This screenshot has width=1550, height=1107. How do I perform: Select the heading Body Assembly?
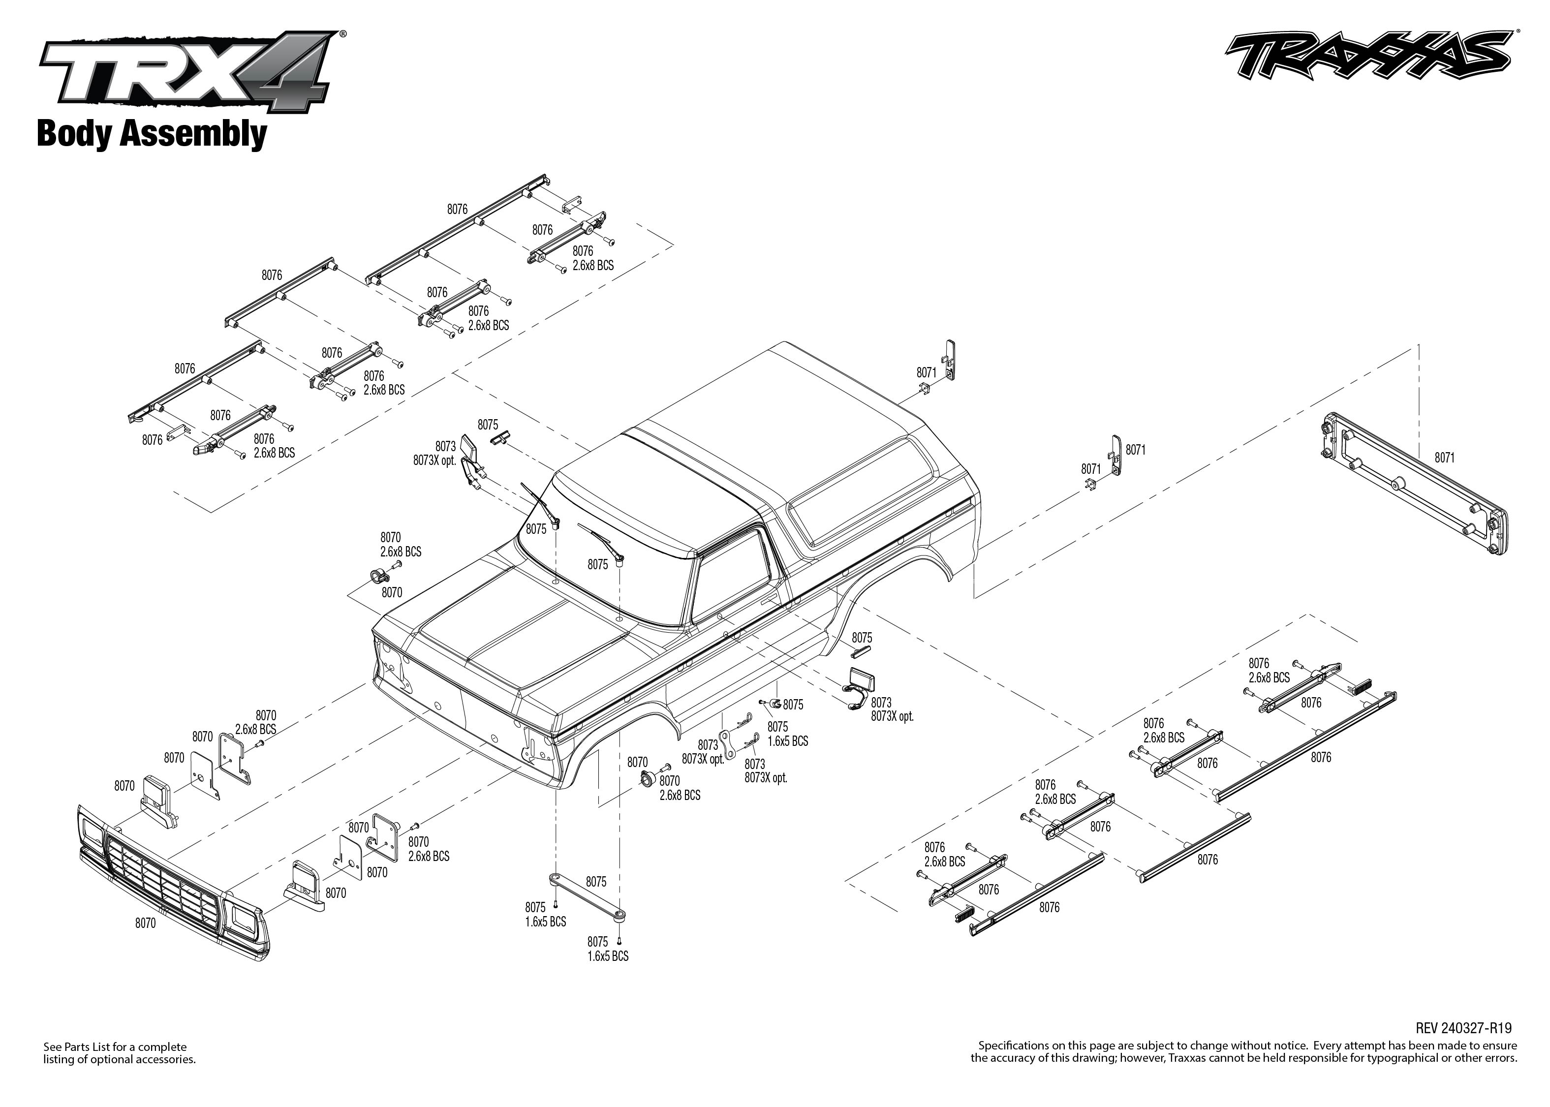point(152,134)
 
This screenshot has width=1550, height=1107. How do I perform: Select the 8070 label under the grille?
point(145,923)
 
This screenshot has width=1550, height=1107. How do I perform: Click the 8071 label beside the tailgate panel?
point(1444,458)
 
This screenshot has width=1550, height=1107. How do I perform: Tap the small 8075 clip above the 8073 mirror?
point(502,437)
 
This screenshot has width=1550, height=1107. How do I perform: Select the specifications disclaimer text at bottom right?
point(1243,1052)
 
